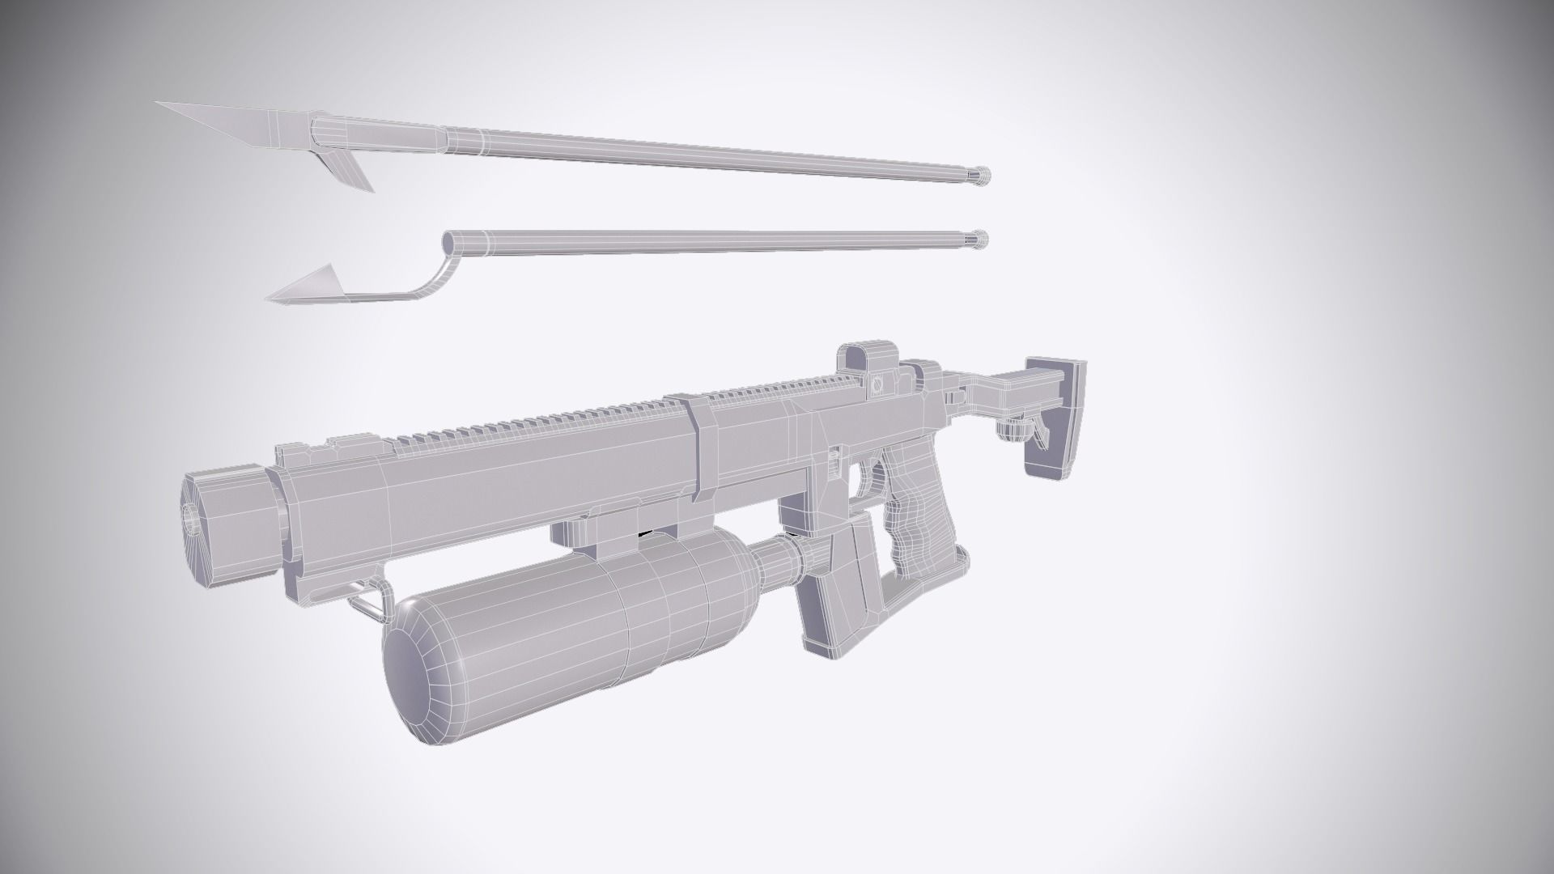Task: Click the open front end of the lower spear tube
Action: (x=448, y=241)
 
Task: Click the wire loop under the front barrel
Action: (x=364, y=599)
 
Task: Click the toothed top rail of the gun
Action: (x=567, y=421)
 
